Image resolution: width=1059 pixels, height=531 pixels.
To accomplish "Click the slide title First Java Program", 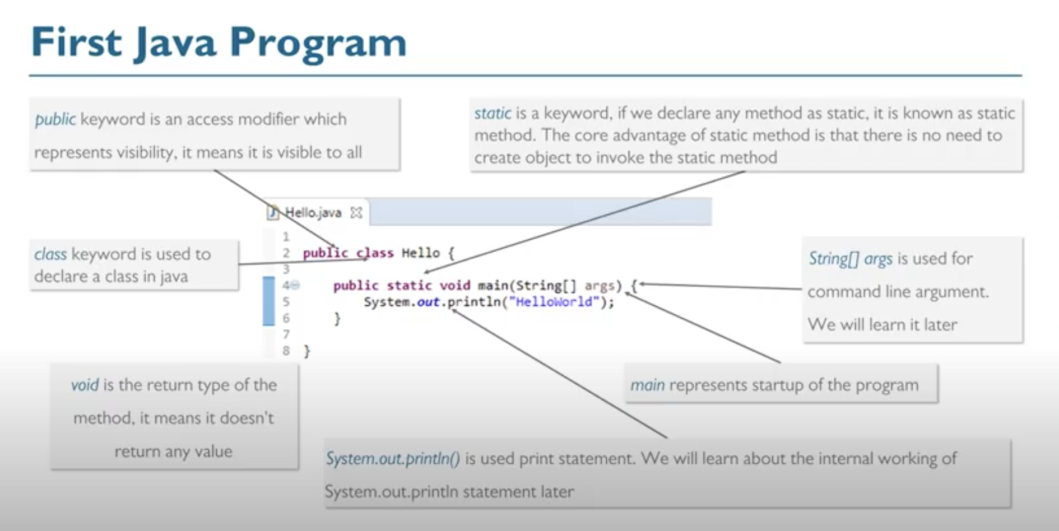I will (x=219, y=43).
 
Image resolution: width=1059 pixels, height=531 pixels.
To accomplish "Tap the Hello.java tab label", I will (x=313, y=213).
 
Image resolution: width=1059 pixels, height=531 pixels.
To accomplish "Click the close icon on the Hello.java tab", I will (x=356, y=213).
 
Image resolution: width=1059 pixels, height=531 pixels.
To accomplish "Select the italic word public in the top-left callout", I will (x=55, y=119).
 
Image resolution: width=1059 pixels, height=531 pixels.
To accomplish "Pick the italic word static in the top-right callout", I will (x=493, y=114).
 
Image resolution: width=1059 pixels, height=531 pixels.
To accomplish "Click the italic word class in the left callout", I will (x=50, y=254).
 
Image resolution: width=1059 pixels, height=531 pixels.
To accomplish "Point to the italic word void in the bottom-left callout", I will (x=85, y=385).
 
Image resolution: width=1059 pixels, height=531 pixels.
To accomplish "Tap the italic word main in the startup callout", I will (x=647, y=385).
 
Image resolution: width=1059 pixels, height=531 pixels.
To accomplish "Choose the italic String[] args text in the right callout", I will (x=850, y=259).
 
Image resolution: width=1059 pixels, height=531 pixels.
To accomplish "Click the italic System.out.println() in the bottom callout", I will (x=393, y=459).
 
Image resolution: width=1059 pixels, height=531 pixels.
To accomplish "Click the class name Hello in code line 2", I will (x=420, y=253).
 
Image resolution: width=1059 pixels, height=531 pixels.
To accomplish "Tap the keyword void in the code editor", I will (x=454, y=286).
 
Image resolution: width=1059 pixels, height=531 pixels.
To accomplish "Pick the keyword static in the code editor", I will (x=409, y=286).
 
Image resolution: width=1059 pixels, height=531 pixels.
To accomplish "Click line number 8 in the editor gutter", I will (x=286, y=351).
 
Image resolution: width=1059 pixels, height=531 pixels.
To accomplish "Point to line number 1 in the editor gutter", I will (x=286, y=237).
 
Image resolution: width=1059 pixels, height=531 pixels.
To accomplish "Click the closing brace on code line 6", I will (x=337, y=319).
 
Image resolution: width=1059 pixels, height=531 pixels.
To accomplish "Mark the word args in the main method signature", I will (x=599, y=286).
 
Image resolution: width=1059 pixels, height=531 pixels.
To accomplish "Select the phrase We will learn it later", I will (x=882, y=325).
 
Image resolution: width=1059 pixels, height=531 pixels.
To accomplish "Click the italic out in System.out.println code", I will (x=428, y=302).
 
